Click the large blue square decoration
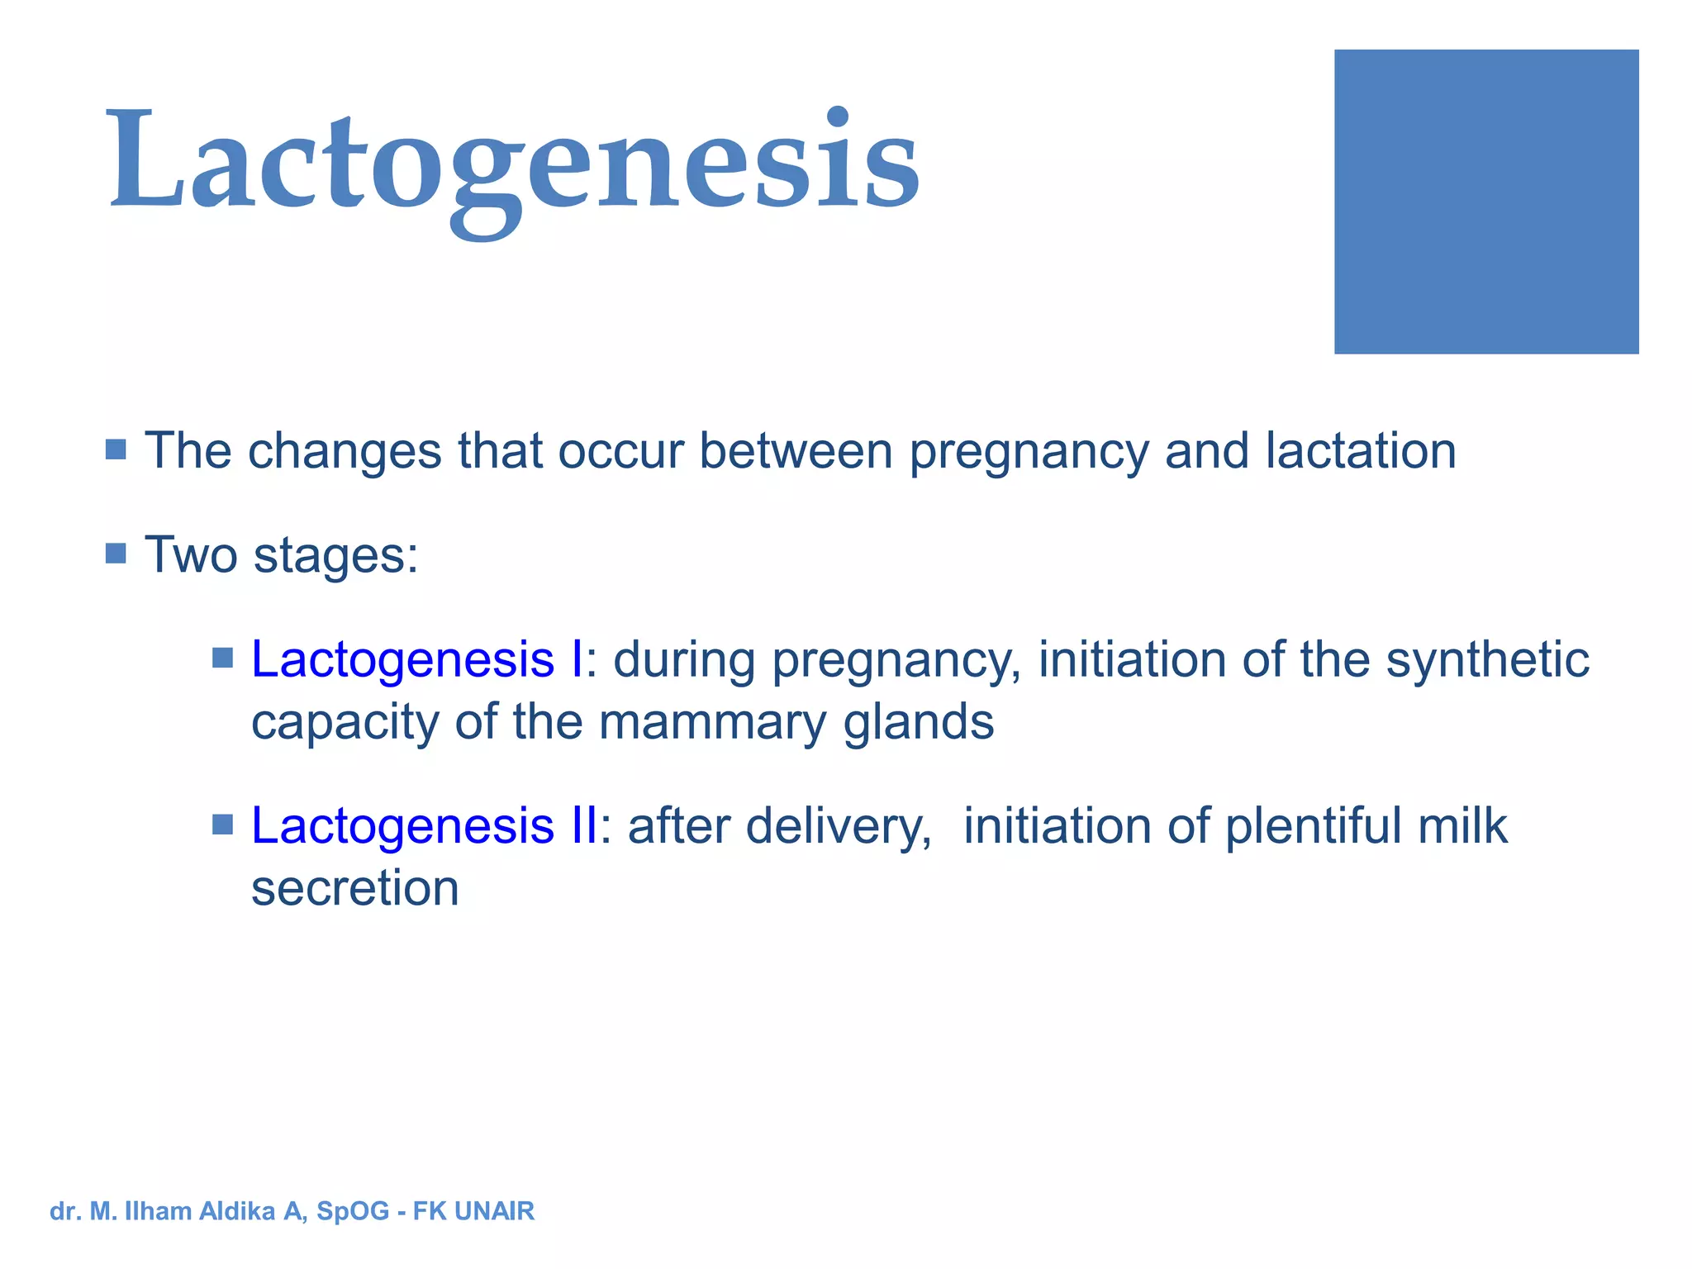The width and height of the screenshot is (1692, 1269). click(1485, 202)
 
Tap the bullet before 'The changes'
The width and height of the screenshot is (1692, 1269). click(116, 449)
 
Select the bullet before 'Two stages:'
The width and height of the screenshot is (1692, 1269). click(116, 553)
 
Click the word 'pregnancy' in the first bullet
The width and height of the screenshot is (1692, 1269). click(1029, 453)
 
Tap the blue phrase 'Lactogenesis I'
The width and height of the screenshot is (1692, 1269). click(417, 659)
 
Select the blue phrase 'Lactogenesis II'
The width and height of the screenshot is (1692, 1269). click(424, 825)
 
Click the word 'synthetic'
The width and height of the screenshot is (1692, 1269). click(1487, 661)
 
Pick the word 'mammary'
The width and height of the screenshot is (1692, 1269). click(712, 722)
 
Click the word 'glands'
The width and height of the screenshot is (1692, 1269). click(918, 722)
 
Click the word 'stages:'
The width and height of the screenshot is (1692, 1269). click(335, 556)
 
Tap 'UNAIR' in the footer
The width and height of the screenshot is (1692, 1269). click(494, 1211)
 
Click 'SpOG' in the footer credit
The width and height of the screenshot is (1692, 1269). click(353, 1211)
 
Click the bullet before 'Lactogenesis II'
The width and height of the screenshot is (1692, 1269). click(223, 825)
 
